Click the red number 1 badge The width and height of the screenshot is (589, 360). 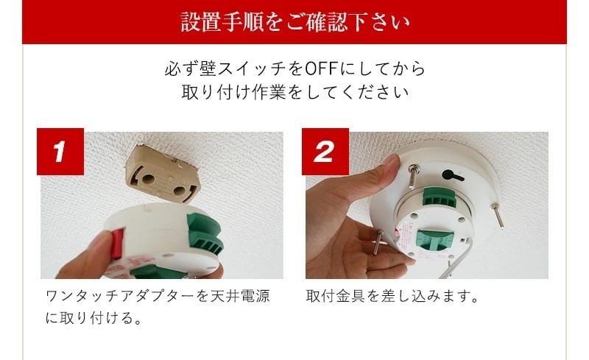pos(60,152)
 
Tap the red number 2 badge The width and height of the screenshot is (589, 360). pos(325,152)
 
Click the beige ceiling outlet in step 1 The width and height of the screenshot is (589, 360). pos(163,174)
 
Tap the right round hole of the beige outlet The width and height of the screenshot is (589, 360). pos(180,191)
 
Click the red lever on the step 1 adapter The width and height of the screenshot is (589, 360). pos(117,244)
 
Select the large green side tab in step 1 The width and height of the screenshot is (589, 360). pos(205,233)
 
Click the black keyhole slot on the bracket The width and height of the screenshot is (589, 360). pos(452,176)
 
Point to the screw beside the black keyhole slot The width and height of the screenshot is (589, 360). pos(414,177)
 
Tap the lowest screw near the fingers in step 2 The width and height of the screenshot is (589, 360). pos(378,242)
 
